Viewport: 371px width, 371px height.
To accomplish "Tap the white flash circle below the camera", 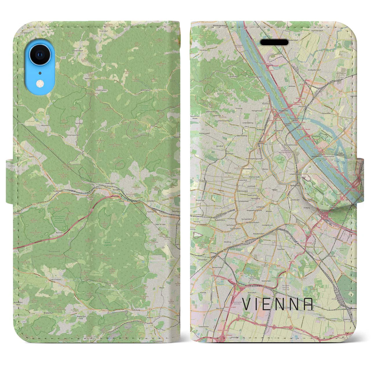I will [x=40, y=84].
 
